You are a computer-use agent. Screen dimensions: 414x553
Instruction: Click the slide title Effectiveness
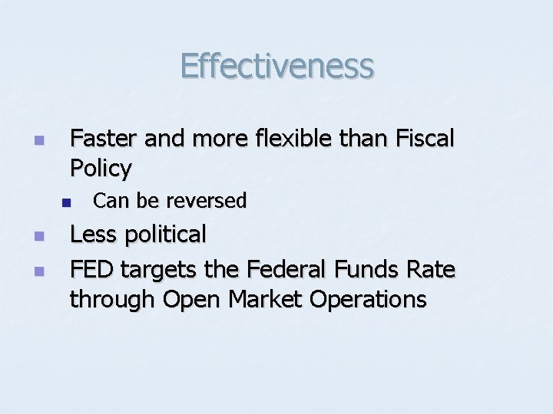pyautogui.click(x=276, y=66)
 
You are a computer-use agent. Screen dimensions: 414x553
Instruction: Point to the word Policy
pyautogui.click(x=101, y=167)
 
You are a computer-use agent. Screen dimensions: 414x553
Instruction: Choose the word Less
pyautogui.click(x=91, y=234)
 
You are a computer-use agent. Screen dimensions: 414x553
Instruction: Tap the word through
pyautogui.click(x=112, y=299)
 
